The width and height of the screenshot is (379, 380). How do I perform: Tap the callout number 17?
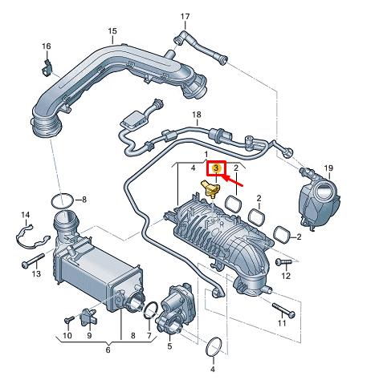185,17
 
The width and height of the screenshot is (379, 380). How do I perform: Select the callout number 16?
46,47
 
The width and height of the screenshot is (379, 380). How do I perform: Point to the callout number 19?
328,168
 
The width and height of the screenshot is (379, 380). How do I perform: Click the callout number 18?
195,116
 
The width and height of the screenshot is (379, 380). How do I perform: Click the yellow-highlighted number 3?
215,168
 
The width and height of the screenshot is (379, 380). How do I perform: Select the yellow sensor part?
210,189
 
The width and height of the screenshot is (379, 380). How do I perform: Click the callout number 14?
25,215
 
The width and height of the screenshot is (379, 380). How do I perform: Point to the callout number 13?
35,274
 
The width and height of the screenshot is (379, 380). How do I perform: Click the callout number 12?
285,276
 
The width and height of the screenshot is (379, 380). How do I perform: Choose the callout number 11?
281,323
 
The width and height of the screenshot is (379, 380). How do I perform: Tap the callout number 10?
67,335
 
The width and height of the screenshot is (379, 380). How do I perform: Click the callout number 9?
88,335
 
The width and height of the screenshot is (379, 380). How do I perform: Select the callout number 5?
169,347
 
